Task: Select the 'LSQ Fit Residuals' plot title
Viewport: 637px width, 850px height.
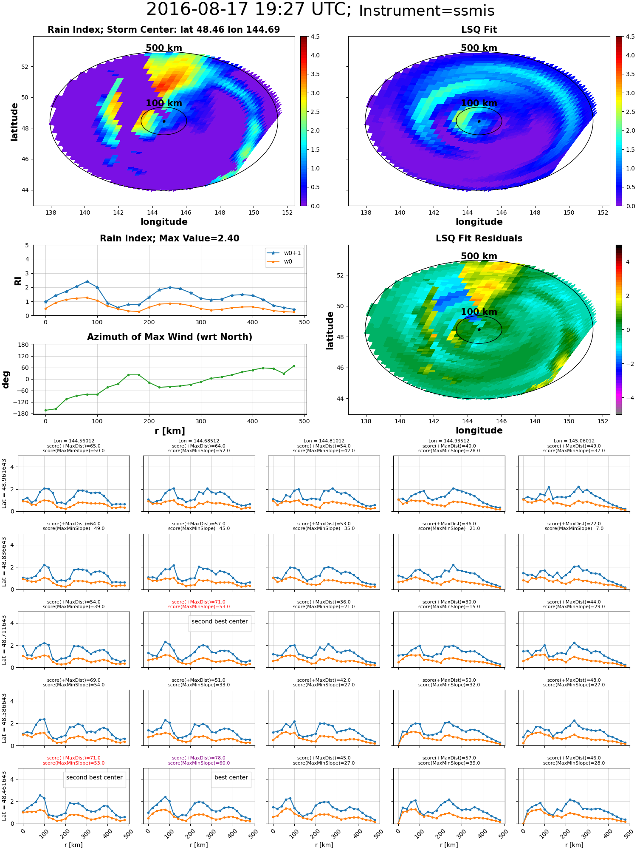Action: pyautogui.click(x=479, y=238)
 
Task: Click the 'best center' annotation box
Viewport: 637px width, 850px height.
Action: pyautogui.click(x=231, y=777)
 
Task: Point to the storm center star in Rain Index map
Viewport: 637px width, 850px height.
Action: pyautogui.click(x=164, y=121)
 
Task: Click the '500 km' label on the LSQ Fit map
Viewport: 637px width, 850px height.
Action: pyautogui.click(x=479, y=48)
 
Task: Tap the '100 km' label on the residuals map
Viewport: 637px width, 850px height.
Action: pyautogui.click(x=479, y=312)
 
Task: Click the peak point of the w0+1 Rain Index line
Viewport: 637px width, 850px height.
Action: pyautogui.click(x=87, y=281)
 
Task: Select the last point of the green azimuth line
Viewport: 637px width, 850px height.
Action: pyautogui.click(x=294, y=366)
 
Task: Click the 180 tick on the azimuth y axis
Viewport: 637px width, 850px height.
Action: pyautogui.click(x=24, y=345)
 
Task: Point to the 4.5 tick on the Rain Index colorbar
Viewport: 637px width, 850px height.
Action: pyautogui.click(x=315, y=37)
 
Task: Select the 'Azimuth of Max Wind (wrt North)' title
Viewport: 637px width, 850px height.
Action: pyautogui.click(x=169, y=337)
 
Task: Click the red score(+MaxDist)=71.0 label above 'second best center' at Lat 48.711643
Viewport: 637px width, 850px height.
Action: pyautogui.click(x=199, y=602)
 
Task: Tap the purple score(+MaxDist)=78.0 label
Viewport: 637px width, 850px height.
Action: pyautogui.click(x=199, y=758)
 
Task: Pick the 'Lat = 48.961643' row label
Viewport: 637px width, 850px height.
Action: pyautogui.click(x=4, y=483)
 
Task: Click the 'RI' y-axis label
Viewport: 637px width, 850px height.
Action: pyautogui.click(x=18, y=281)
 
